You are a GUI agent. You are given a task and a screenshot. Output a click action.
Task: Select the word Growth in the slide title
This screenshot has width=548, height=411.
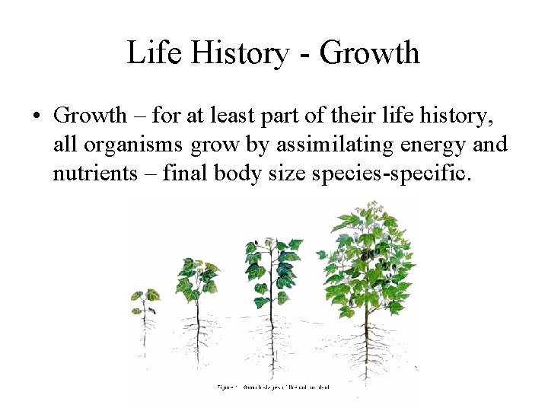tap(370, 53)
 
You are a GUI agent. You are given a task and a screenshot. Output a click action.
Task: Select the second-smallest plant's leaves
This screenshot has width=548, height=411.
tap(197, 278)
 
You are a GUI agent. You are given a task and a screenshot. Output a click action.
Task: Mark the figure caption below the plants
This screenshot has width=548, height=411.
tap(273, 387)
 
